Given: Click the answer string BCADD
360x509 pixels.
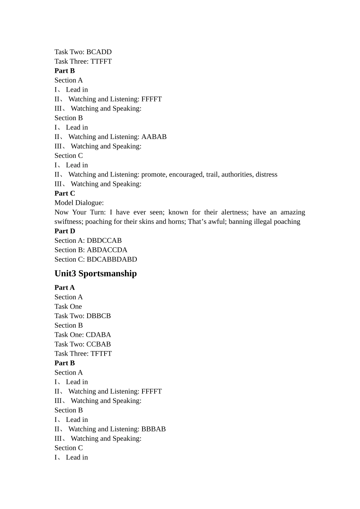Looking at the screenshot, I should [99, 52].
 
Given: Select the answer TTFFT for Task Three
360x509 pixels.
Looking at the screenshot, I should [101, 61].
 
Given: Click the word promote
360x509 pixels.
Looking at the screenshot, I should [153, 175].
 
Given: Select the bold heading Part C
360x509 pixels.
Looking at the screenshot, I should [65, 194].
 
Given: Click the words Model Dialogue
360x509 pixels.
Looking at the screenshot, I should [79, 203].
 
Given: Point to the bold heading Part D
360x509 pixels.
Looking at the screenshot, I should [65, 231].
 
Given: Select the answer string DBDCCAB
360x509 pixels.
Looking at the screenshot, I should [104, 240].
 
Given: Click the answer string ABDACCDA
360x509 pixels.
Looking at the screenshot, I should [107, 250].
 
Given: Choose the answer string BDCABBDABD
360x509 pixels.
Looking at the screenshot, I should [112, 259].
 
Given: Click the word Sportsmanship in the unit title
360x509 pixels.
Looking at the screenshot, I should [108, 273].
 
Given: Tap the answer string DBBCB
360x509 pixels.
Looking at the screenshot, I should [99, 316].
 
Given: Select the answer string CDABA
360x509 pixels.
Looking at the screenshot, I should [99, 335].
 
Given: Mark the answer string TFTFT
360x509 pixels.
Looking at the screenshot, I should [101, 354].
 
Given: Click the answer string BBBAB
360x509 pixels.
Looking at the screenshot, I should [153, 429].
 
